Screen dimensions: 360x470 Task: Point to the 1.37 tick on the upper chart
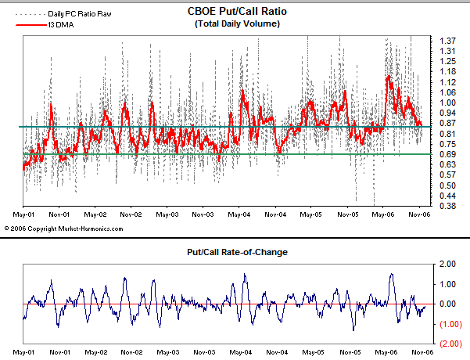pos(448,40)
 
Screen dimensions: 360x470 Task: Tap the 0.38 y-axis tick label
pos(448,205)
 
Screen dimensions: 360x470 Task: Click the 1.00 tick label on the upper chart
pos(448,102)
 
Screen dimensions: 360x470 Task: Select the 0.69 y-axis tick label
pos(448,153)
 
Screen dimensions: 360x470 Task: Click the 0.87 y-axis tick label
pos(448,123)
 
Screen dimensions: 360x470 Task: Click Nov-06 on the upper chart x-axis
pos(419,213)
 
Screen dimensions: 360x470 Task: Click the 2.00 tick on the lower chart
pos(448,264)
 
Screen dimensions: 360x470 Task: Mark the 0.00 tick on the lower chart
pos(448,304)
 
